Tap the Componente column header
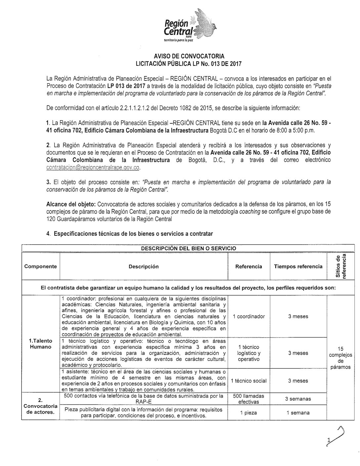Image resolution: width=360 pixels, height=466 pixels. pos(41,266)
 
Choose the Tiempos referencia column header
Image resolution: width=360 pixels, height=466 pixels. pos(298,266)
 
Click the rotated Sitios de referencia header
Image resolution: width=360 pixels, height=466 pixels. pos(341,266)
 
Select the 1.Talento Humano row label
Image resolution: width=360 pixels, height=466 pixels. pos(41,344)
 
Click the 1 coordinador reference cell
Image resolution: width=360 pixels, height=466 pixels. pos(249,316)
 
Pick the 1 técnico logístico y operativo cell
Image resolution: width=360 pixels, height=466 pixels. pos(249,353)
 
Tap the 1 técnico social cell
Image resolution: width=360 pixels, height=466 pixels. pos(249,381)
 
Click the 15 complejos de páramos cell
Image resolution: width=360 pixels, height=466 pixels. pos(341,358)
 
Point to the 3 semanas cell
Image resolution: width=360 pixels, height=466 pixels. pos(298,399)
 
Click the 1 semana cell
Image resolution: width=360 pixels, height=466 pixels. pos(298,413)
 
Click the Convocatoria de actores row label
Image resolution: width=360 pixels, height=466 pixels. pos(41,406)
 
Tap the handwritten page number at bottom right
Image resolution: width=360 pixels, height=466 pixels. pos(334,439)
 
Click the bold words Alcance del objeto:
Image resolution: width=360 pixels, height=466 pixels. pos(70,205)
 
